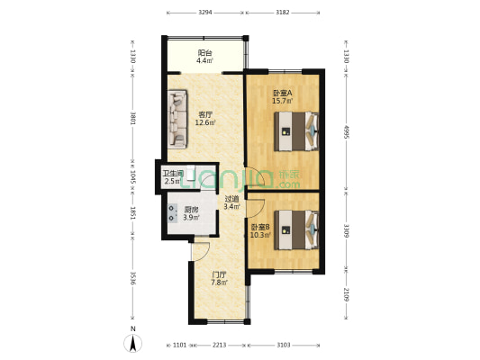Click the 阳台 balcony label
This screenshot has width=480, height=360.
point(205,58)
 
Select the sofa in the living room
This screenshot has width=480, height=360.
point(177,118)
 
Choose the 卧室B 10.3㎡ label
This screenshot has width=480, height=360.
point(260,230)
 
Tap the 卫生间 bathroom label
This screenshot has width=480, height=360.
point(173,177)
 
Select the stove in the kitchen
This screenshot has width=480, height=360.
point(170,215)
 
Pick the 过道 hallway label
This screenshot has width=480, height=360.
point(231,202)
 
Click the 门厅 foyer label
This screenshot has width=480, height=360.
point(219,279)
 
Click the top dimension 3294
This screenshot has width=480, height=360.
point(204,13)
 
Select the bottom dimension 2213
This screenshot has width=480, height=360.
point(220,345)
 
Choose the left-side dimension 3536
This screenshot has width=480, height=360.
point(132,278)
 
